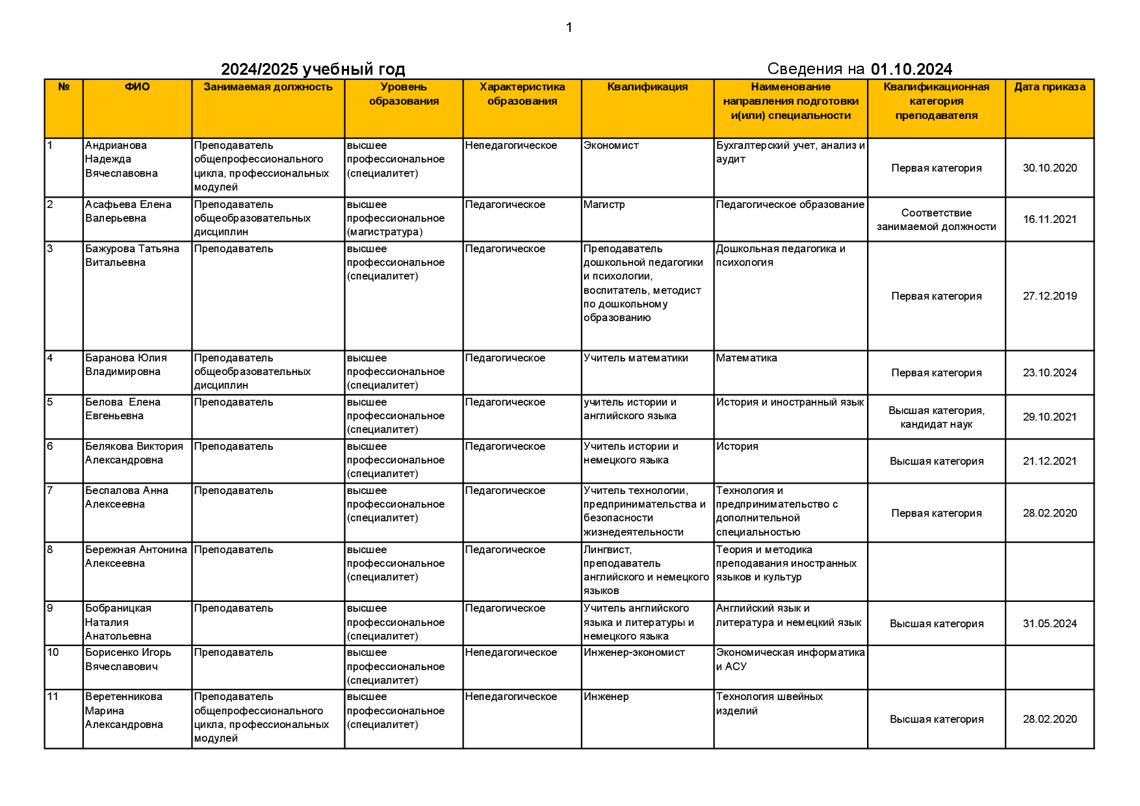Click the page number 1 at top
[569, 27]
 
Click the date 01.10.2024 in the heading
[911, 70]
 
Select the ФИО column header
[137, 87]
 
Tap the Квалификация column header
[647, 87]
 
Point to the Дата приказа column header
[1049, 87]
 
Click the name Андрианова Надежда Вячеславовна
[121, 159]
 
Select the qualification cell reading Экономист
[611, 146]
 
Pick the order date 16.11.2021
[1050, 219]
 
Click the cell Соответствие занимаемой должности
[936, 220]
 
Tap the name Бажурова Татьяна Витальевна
[132, 255]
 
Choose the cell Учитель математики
[636, 358]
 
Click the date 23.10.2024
[1050, 372]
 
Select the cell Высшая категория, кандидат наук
[936, 417]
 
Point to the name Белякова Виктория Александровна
[134, 453]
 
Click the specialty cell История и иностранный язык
[790, 402]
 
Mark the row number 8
[51, 550]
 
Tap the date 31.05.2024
[1050, 623]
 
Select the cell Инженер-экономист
[634, 653]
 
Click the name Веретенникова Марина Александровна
[123, 710]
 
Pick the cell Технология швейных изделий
[769, 703]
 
